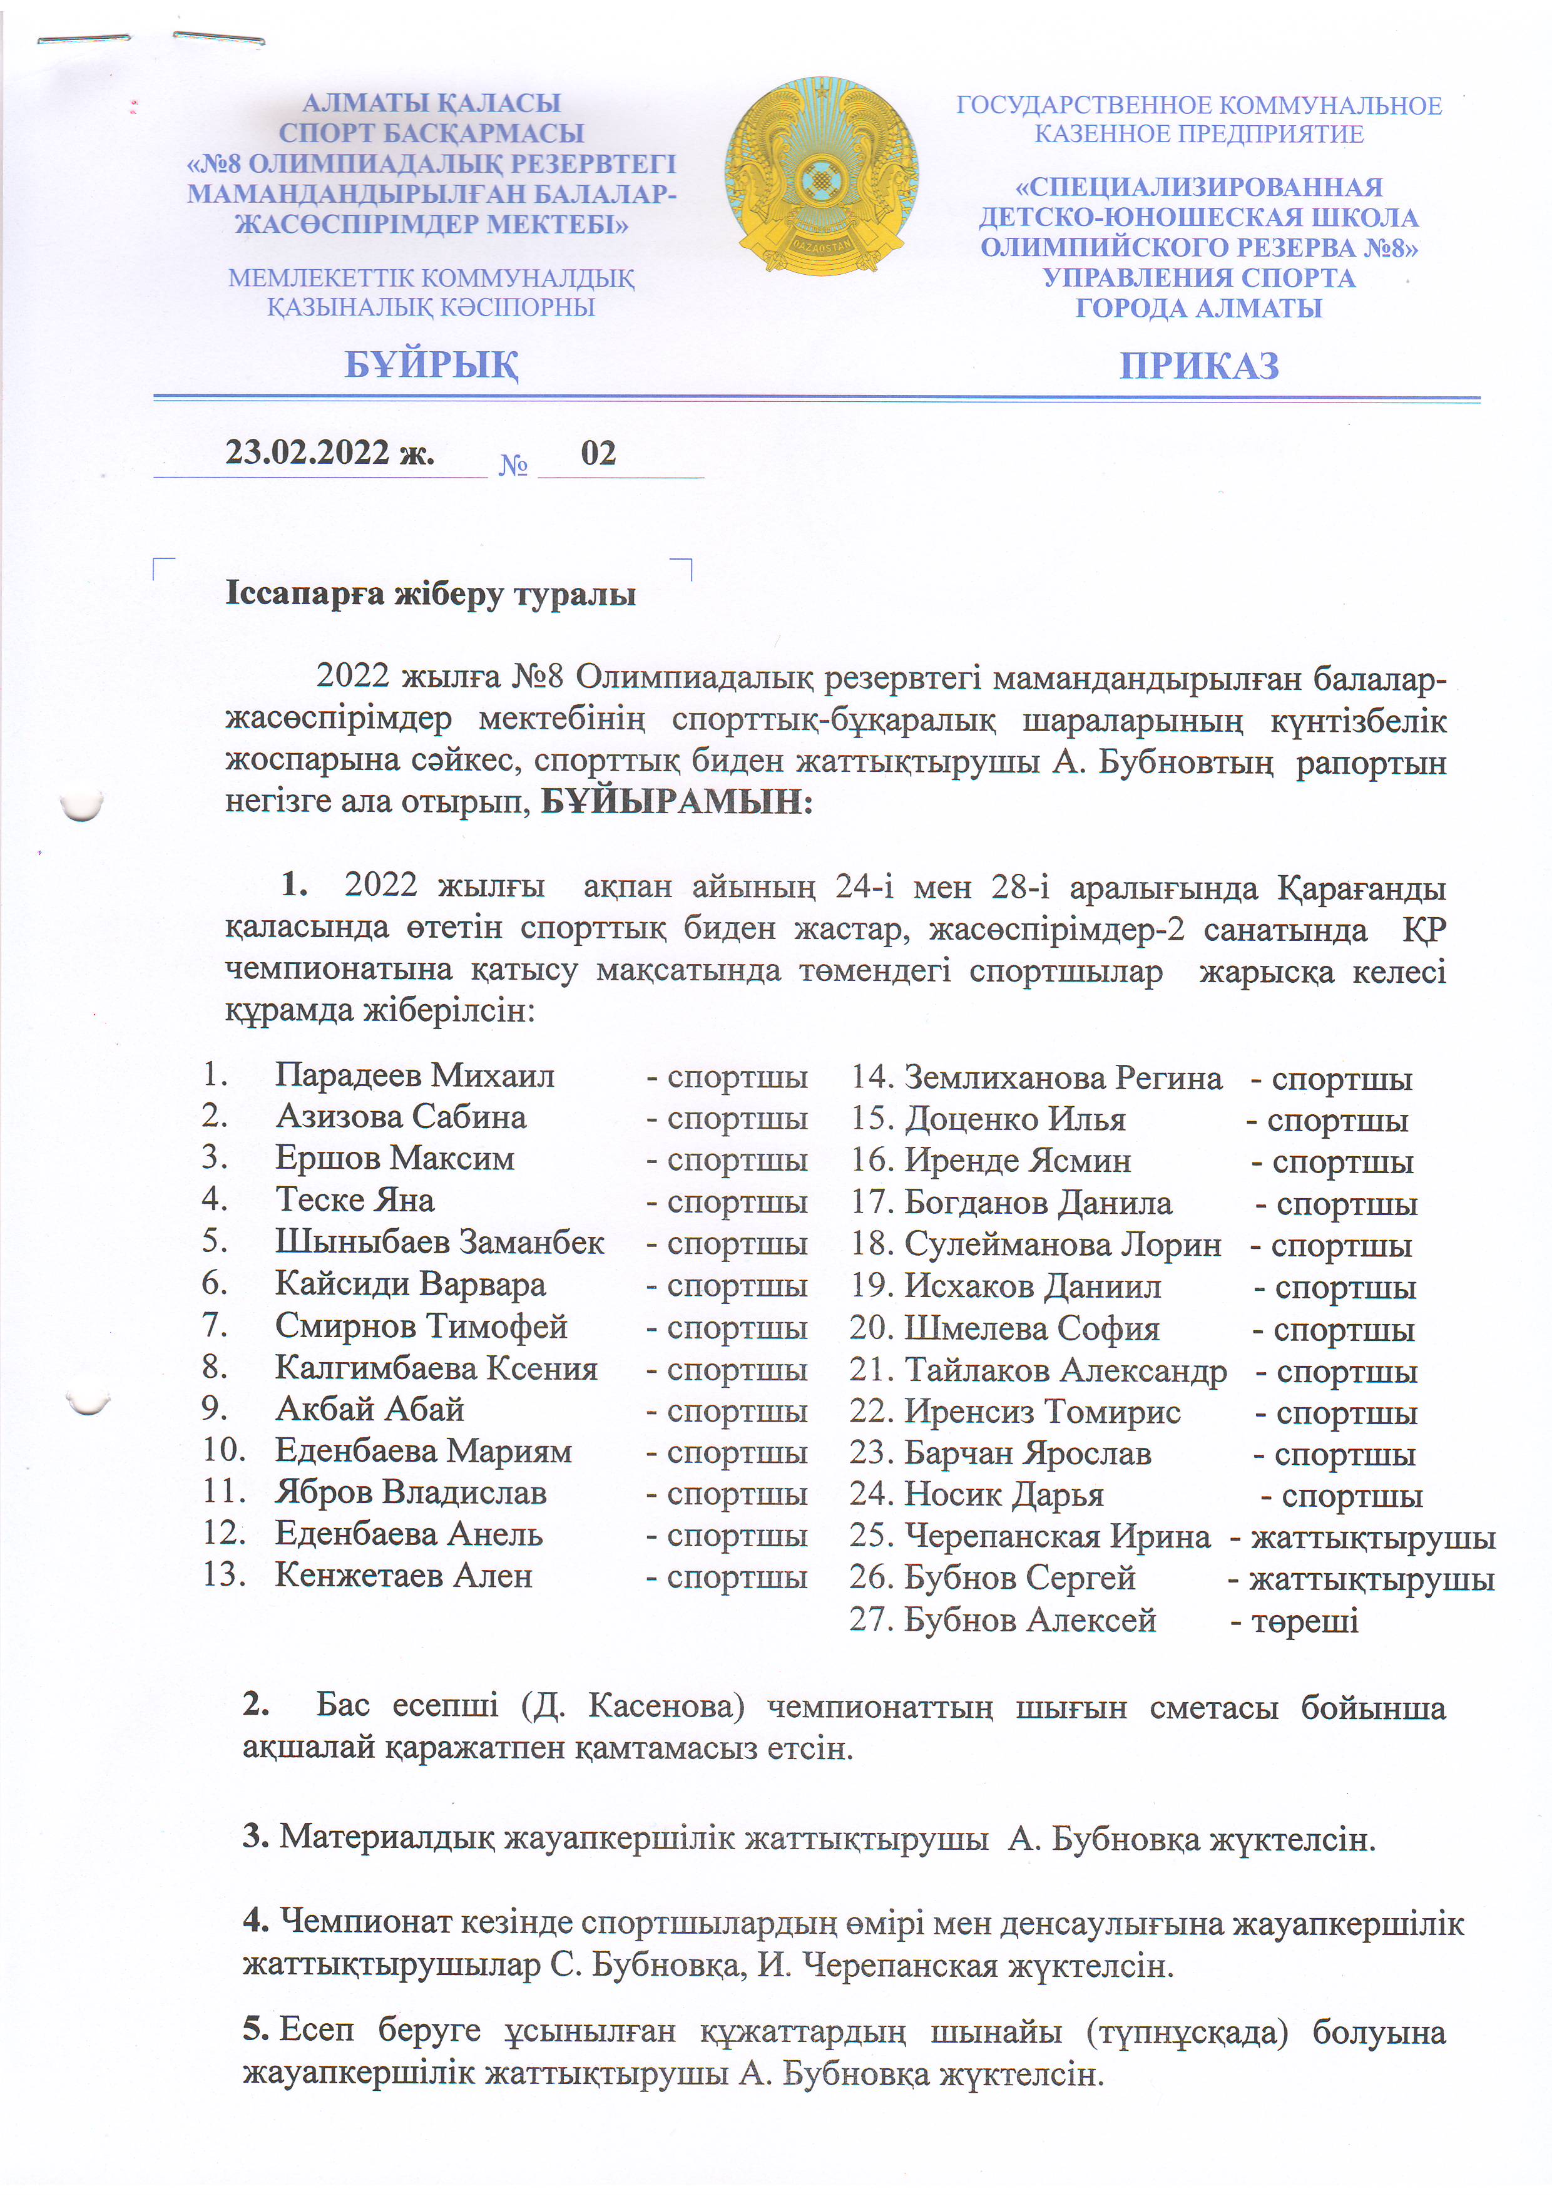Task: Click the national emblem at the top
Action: click(x=822, y=174)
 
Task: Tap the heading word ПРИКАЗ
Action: click(x=1199, y=366)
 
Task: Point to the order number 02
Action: click(x=599, y=453)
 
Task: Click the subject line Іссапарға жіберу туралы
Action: click(x=431, y=594)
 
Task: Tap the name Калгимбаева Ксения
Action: click(x=437, y=1368)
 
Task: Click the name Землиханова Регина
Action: click(x=1063, y=1078)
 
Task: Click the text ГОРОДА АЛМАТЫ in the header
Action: click(x=1199, y=308)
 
